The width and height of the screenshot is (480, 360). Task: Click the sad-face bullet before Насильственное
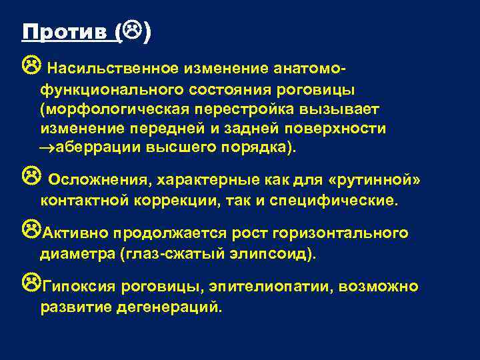(x=29, y=65)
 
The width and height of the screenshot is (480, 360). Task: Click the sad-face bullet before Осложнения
(x=29, y=177)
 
